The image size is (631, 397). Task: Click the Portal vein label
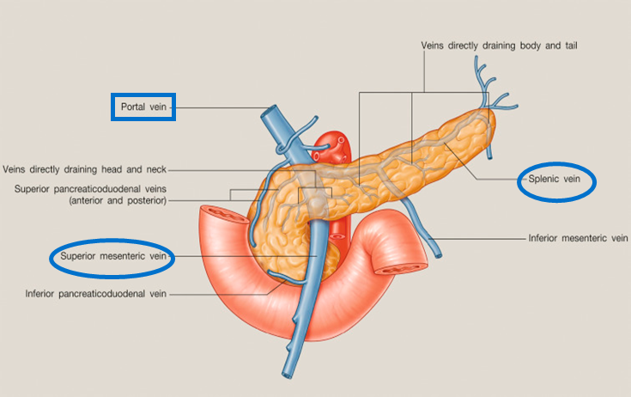(144, 107)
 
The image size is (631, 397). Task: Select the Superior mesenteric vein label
(112, 256)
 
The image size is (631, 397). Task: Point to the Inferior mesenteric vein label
(579, 237)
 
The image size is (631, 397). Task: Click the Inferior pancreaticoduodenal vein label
(96, 294)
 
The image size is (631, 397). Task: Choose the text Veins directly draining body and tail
(498, 44)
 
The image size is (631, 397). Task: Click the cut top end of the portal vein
(272, 113)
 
